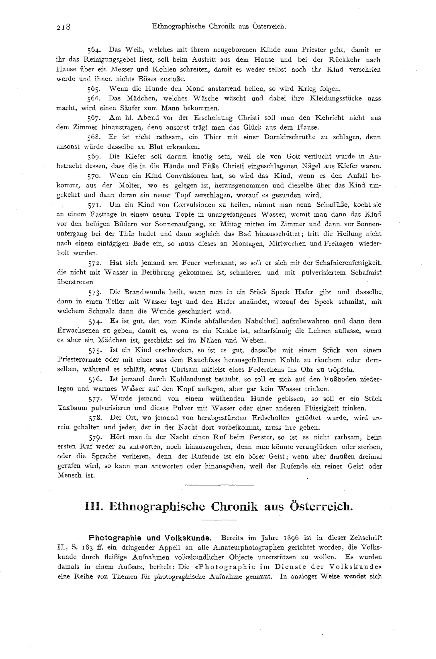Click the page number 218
coord(64,27)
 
